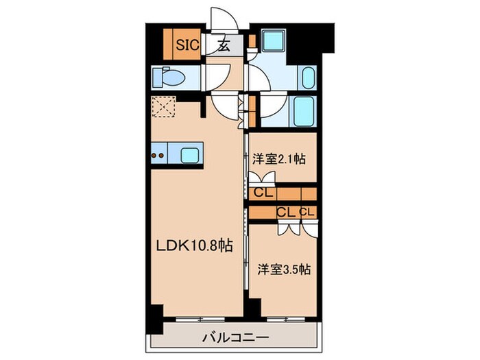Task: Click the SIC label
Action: point(187,46)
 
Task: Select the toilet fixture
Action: point(167,77)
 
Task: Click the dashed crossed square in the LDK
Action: point(164,108)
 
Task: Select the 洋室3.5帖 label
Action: point(282,269)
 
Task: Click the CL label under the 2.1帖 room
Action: point(261,193)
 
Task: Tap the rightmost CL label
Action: point(307,212)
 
